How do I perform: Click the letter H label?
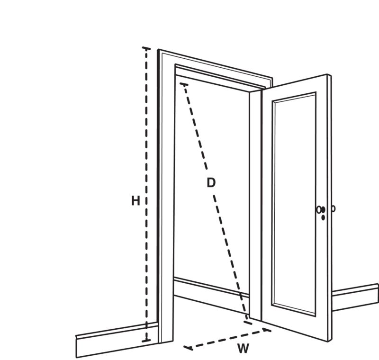point(135,201)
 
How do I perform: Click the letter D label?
point(211,183)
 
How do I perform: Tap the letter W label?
point(243,349)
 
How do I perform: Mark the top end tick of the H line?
point(146,48)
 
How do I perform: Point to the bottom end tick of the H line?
point(146,341)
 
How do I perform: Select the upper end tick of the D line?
point(184,84)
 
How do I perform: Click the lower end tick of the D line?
point(248,322)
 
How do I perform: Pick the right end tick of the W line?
point(267,329)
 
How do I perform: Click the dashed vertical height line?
point(146,195)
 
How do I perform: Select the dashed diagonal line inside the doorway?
point(216,203)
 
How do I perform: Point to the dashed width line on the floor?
point(227,339)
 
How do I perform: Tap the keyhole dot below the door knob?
point(323,218)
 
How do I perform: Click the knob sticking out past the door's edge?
point(334,208)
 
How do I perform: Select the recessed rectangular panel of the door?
point(294,204)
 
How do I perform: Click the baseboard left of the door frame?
point(117,340)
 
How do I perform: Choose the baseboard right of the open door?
point(355,297)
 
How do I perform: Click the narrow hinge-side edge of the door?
point(255,206)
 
